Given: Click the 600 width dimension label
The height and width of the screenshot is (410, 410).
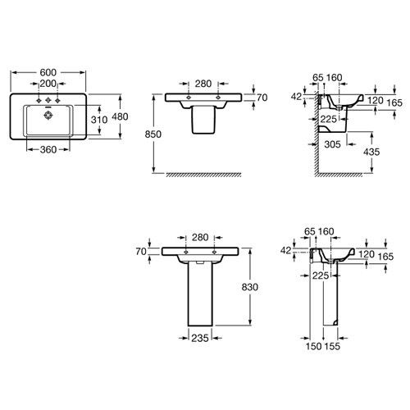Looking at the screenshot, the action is click(x=48, y=72).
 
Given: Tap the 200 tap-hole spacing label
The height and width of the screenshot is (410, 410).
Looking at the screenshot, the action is click(x=48, y=84).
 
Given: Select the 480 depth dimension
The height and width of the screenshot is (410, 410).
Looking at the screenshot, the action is click(x=120, y=116).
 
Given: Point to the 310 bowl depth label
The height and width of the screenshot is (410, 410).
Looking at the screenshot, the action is click(x=99, y=120).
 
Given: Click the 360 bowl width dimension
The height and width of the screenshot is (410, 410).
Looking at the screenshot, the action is click(x=48, y=150).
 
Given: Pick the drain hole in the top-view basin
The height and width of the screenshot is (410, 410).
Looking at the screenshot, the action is click(x=48, y=116).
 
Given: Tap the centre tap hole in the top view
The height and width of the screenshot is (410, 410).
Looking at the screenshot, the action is click(x=48, y=100).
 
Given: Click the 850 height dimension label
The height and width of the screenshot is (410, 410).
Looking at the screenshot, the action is click(x=153, y=134).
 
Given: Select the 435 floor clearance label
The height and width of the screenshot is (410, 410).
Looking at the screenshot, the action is click(x=371, y=152).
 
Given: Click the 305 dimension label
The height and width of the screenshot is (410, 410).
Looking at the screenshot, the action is click(x=332, y=144).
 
